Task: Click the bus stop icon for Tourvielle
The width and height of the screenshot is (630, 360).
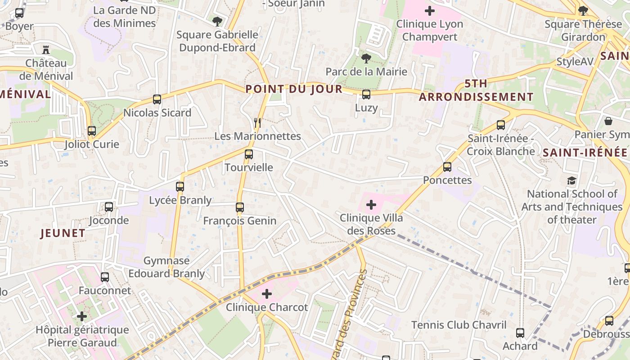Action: pos(248,154)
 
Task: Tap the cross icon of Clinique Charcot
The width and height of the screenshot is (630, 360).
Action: pos(267,294)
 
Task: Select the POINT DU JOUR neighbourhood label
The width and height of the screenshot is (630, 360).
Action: pos(294,89)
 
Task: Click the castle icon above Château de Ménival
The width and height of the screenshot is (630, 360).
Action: pos(45,49)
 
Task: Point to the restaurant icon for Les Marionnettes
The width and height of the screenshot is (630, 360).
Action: pos(257,122)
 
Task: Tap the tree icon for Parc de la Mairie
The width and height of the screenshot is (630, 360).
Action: pos(366,58)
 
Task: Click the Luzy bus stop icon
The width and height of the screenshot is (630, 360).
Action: pos(366,94)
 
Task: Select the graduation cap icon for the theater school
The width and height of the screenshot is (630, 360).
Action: pos(571,181)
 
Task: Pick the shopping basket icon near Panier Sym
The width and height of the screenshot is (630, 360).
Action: pos(608,121)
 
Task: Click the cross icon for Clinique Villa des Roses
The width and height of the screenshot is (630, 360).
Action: pos(371,205)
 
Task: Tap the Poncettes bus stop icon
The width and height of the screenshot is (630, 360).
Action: pos(447,167)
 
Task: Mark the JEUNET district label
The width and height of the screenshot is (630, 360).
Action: pos(63,233)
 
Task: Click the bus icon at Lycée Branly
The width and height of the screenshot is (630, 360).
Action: pos(180,186)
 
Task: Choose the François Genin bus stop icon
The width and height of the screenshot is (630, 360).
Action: pos(240,207)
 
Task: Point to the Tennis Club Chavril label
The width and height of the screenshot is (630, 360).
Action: pos(459,325)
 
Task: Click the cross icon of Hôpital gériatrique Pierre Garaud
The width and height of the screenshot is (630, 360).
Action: pos(82,316)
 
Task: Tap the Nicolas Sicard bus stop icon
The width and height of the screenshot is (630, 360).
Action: pos(157,99)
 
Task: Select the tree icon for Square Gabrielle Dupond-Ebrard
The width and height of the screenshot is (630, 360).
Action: pos(217,21)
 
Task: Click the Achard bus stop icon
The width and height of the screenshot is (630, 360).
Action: pos(520,333)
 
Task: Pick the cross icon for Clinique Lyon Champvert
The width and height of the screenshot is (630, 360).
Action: pos(430,10)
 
